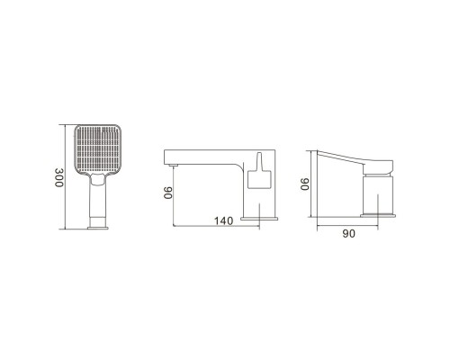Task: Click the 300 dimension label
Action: pos(59,177)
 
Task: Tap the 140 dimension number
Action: pos(223,220)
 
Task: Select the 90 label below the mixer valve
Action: pos(349,233)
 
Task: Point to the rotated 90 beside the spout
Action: pos(168,193)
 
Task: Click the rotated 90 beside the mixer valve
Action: pos(305,184)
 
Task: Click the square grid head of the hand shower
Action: pos(97,149)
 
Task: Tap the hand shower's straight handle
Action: pos(98,200)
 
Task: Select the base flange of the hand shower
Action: pos(98,228)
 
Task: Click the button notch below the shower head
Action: pos(98,180)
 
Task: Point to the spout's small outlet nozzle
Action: pos(173,165)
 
